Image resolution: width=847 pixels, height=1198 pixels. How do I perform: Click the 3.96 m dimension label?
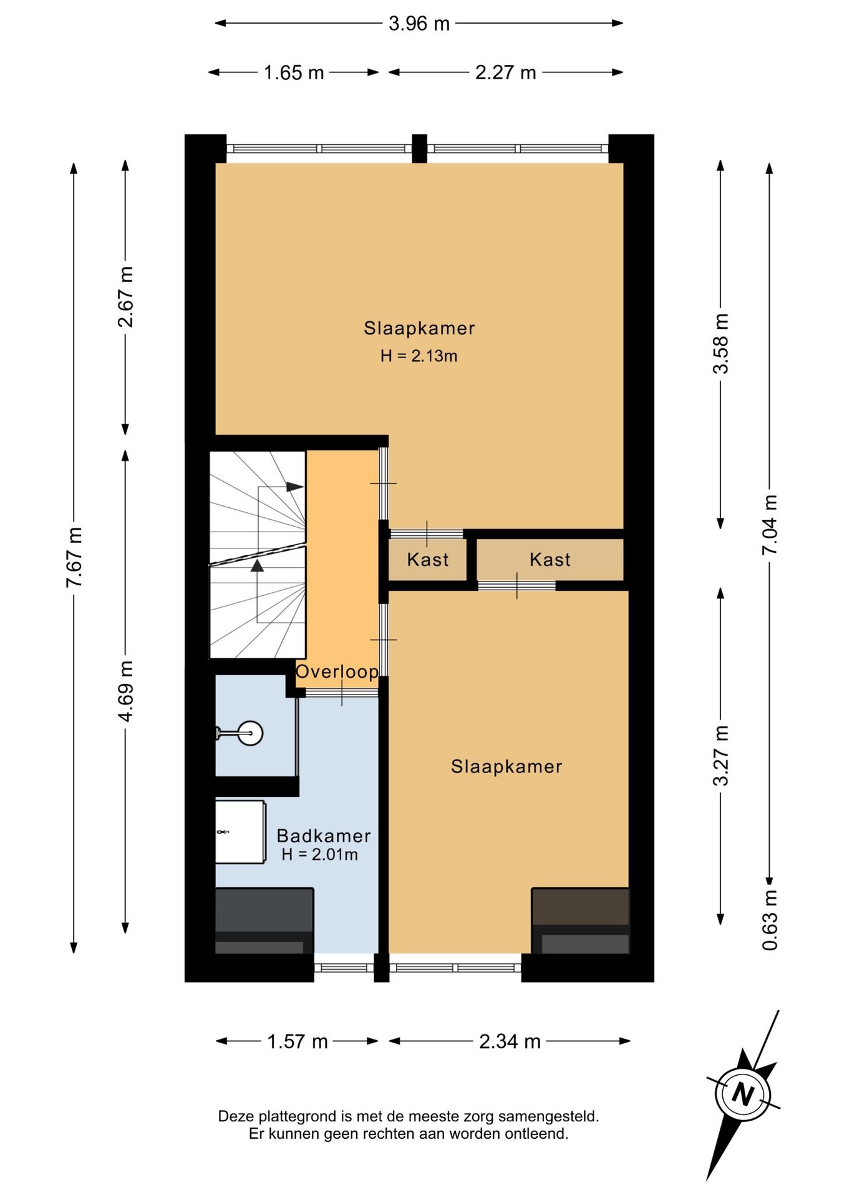pos(419,24)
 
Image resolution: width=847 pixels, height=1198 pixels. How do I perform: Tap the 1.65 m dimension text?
pos(293,73)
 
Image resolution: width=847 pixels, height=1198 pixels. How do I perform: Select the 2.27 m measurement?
pos(505,73)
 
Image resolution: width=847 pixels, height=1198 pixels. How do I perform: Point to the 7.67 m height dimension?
pos(75,557)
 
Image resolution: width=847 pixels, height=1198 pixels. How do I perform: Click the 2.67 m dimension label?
pos(126,297)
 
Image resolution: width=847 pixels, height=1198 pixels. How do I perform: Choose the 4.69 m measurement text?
pos(126,691)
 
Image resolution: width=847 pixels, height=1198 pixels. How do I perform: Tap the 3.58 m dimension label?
pos(721,344)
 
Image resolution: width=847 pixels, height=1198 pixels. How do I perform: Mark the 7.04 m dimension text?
pos(770,525)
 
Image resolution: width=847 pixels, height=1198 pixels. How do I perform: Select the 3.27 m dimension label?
pos(721,756)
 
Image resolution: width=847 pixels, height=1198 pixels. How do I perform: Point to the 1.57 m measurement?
pos(298,1041)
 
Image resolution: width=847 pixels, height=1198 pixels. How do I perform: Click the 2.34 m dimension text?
pos(510,1041)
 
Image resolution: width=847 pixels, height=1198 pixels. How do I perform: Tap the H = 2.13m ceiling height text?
pos(419,356)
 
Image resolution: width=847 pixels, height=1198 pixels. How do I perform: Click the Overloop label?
pos(337,672)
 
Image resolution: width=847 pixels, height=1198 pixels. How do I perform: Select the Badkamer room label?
pos(324,835)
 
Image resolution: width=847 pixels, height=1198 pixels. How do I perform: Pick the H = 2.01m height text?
pos(320,855)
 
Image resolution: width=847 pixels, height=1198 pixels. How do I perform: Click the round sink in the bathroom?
pos(250,733)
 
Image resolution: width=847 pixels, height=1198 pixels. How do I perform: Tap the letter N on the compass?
pos(743,1094)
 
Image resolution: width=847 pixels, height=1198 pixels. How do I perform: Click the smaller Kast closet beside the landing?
pos(427,560)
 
